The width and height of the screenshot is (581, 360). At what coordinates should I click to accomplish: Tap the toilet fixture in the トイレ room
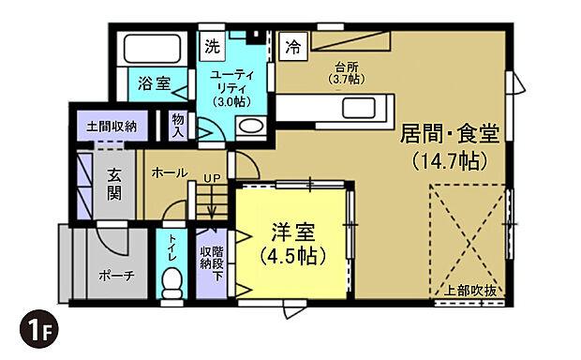171,281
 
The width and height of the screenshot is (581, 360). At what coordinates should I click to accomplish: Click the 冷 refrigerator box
293,44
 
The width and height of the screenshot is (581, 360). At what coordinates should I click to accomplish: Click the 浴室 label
155,83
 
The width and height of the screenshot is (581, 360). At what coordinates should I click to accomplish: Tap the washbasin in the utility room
250,127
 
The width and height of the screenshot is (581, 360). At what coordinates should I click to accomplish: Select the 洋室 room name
293,231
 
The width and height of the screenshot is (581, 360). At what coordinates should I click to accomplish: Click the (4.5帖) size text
293,255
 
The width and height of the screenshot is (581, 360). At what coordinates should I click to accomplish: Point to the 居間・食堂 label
449,132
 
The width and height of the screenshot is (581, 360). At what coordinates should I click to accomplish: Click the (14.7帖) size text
449,160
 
